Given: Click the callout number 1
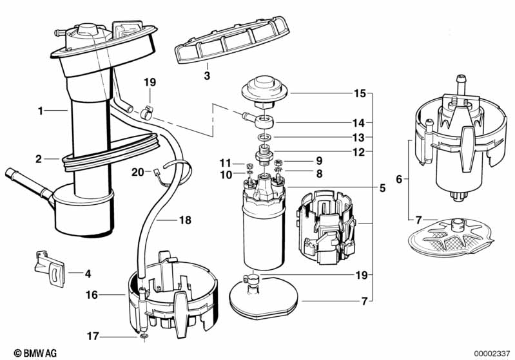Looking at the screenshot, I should coord(40,111).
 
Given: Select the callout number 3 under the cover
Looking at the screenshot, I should coord(206,76).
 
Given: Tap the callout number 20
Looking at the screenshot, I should coord(137,172).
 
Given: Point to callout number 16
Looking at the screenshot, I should coord(92,295).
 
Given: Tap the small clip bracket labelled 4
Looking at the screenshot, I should coord(48,267).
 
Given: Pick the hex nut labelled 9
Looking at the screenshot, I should coord(279,161).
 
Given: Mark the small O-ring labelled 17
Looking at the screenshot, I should coord(142,336).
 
